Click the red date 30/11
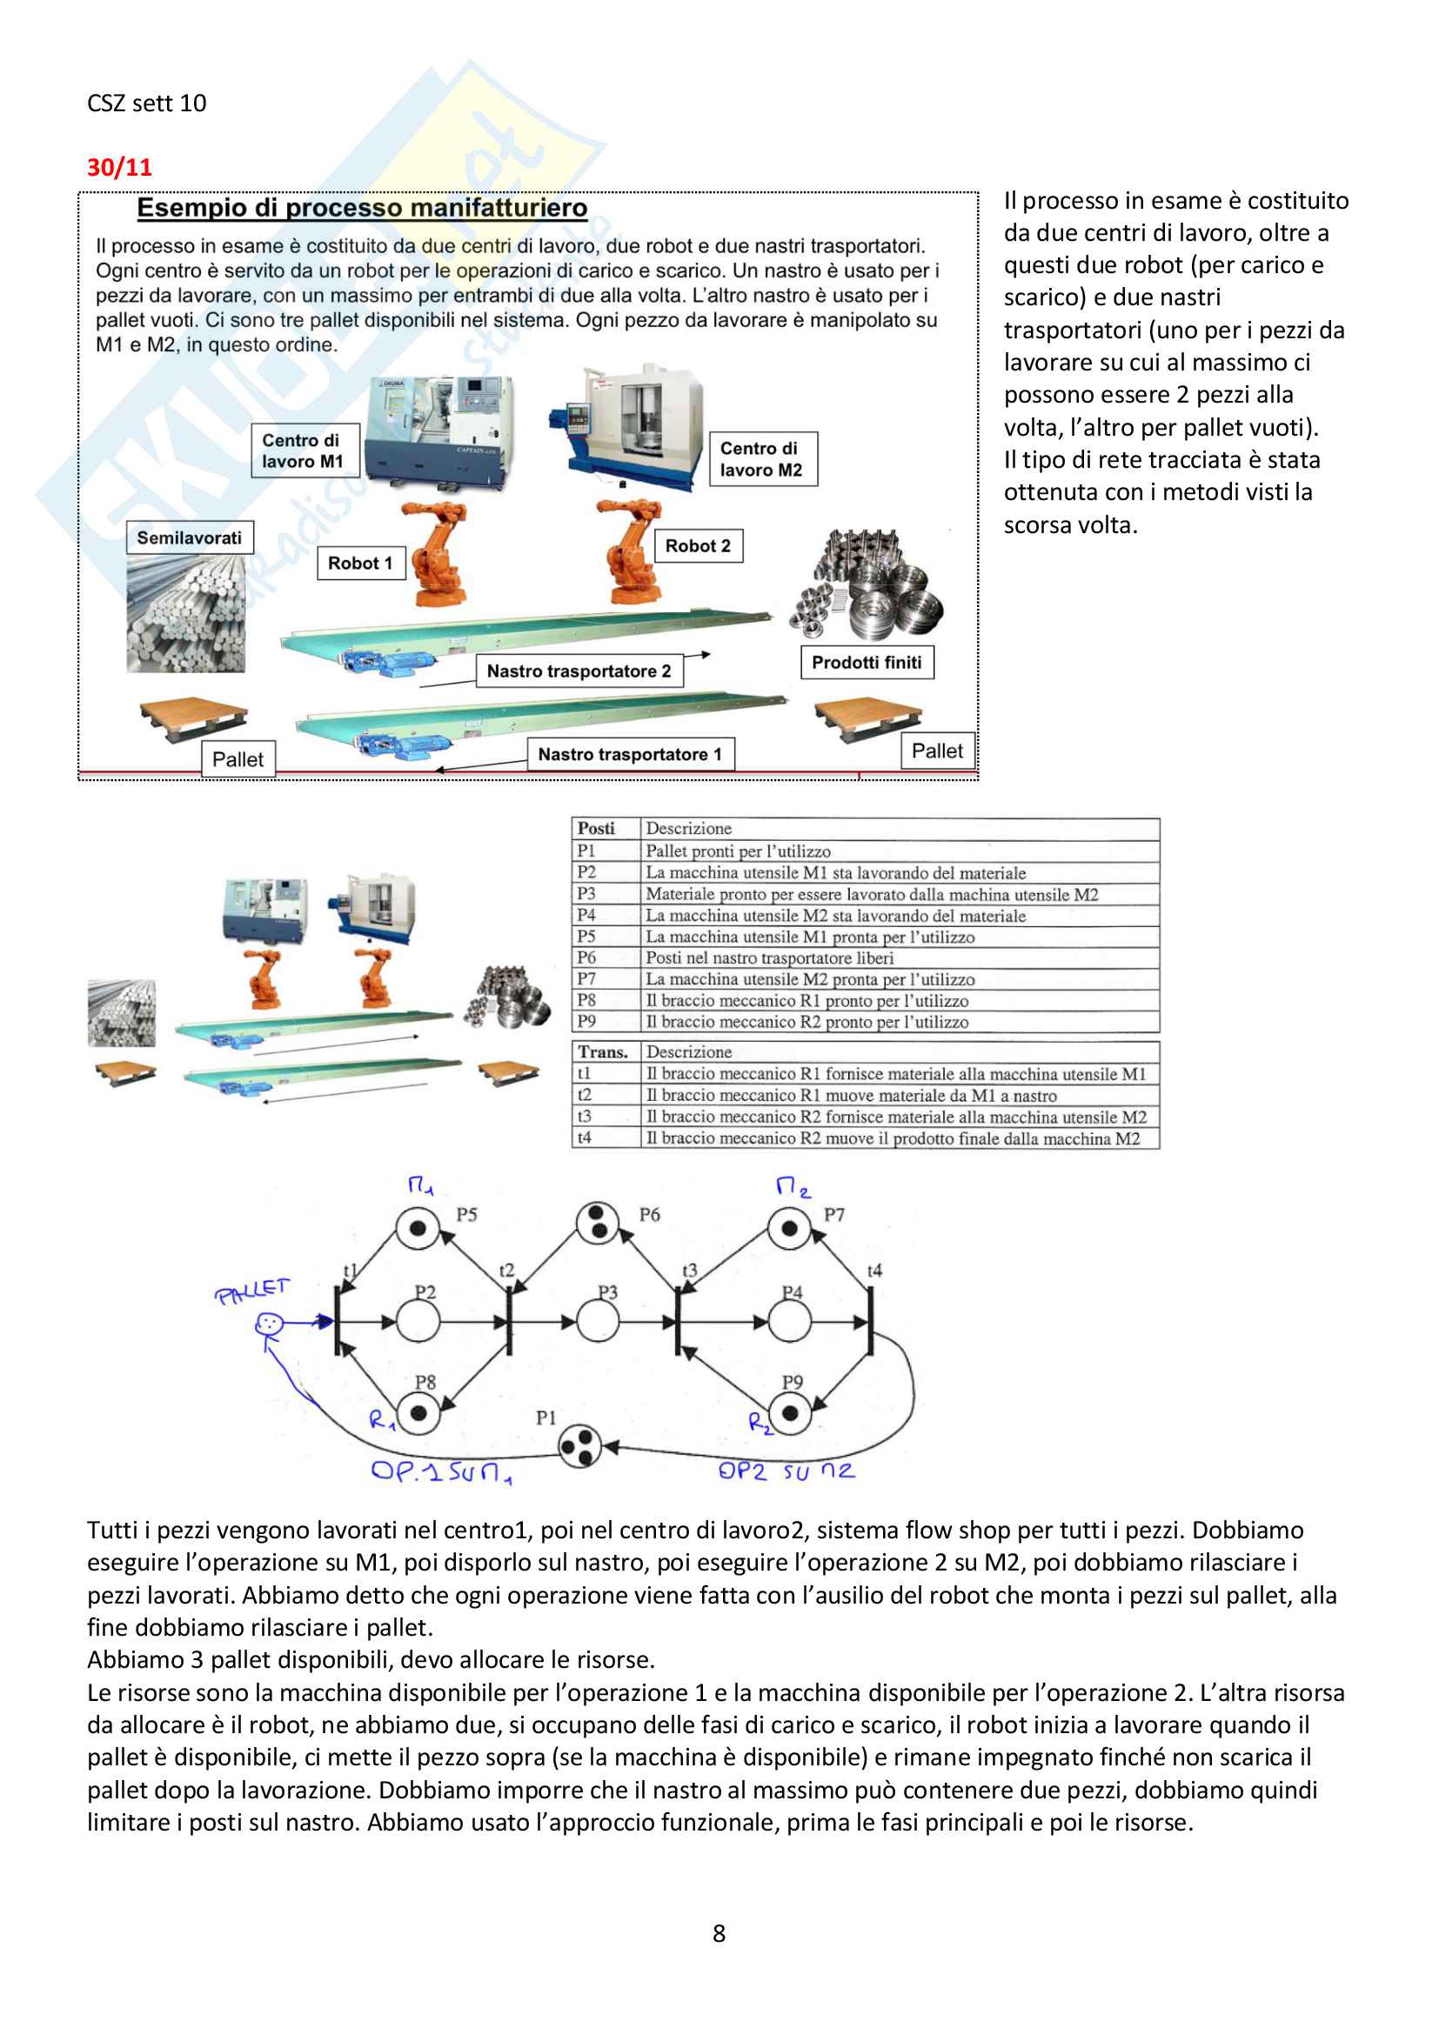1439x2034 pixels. click(x=119, y=167)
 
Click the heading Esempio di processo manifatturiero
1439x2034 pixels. click(x=362, y=208)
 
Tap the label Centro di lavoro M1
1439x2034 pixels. click(x=302, y=451)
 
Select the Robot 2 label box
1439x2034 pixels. click(x=699, y=546)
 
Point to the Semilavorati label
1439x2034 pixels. click(x=189, y=537)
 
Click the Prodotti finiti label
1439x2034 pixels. click(x=867, y=662)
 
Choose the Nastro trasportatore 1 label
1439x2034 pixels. click(x=630, y=754)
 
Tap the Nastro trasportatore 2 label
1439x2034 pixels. click(x=579, y=670)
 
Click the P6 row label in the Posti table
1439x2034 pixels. click(x=586, y=957)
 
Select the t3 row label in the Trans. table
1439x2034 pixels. click(x=584, y=1117)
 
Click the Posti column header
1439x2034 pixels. click(x=596, y=829)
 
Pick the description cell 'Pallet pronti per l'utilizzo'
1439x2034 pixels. click(x=738, y=850)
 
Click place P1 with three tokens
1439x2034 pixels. click(x=580, y=1446)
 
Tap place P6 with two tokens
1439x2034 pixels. click(x=597, y=1224)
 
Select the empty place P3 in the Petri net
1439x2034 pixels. click(x=598, y=1322)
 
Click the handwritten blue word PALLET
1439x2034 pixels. click(x=251, y=1290)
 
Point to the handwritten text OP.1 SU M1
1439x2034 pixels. click(x=441, y=1471)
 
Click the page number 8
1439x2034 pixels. click(x=719, y=1932)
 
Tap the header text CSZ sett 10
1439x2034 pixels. click(x=147, y=103)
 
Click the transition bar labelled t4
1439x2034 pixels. click(x=870, y=1321)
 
